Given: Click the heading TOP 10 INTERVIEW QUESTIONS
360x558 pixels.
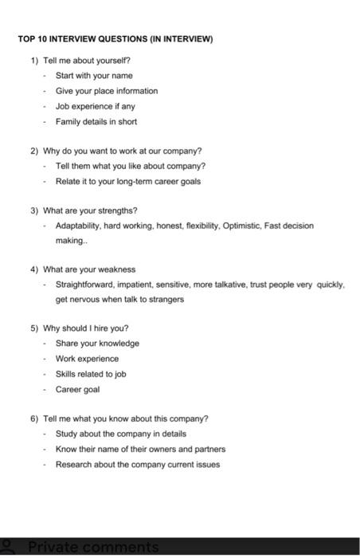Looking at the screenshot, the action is [115, 38].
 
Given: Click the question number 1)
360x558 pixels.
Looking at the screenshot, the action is [35, 61].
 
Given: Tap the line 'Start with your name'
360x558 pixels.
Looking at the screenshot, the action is [94, 76].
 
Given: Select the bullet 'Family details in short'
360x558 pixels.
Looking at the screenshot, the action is [96, 122].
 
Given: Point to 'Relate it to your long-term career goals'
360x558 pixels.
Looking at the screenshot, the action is [127, 181].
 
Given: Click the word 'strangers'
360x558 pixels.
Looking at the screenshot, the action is [166, 300].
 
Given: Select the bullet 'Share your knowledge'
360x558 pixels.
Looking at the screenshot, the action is [97, 344].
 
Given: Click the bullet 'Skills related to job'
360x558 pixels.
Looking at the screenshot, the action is [91, 374].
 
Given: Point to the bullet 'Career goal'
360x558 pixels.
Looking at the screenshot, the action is [77, 389].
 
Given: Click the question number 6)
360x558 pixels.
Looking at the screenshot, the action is [35, 418].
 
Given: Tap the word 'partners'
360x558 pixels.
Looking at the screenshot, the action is [209, 449].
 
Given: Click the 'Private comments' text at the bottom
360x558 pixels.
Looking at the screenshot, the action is [92, 548].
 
